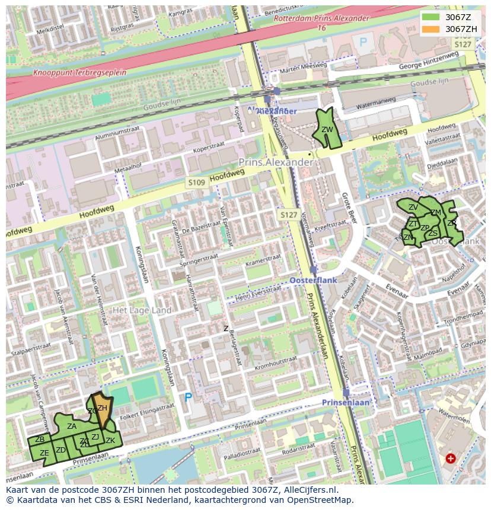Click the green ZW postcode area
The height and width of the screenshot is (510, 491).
327,130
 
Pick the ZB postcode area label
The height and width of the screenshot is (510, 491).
40,440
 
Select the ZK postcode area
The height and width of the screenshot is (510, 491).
111,441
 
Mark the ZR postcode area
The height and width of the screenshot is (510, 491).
452,223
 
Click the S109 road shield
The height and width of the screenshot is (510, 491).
196,183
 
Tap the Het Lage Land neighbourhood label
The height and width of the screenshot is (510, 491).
142,310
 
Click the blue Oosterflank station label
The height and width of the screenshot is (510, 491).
313,280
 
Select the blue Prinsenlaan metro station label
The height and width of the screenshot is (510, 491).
346,402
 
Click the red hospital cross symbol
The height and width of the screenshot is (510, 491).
451,458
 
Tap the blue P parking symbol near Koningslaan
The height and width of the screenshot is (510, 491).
189,397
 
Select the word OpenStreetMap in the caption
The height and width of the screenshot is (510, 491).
320,500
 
